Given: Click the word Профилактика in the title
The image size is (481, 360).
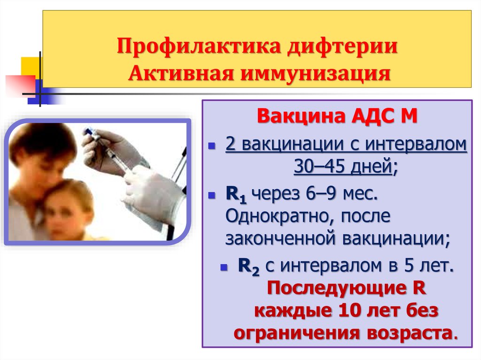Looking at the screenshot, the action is [199, 46].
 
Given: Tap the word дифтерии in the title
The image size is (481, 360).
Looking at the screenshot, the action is [342, 46].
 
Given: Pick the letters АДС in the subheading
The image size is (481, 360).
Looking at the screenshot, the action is [372, 116].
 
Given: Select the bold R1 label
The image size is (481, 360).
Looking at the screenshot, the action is [236, 194].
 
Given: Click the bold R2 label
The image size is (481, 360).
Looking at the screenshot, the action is [248, 266].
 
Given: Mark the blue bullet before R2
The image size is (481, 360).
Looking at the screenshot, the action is [224, 268].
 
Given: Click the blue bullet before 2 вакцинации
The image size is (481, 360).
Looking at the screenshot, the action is [212, 146].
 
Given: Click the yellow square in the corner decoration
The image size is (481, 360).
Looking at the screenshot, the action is [31, 66].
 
